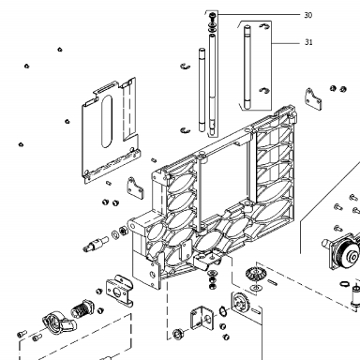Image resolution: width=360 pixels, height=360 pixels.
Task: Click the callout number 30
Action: coord(307,15)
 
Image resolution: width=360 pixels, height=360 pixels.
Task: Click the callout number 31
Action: coord(308,42)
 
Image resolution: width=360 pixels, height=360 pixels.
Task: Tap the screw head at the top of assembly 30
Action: coord(213,15)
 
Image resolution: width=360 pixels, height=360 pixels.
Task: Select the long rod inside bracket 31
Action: coord(247,67)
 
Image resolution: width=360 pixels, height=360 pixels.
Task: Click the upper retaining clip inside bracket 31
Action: coord(264,26)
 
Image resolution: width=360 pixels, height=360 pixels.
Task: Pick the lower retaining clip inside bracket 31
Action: coord(264,91)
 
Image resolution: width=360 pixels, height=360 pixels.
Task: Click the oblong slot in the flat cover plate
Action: coord(107,121)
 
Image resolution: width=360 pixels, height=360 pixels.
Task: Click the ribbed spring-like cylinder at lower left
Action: coord(82,308)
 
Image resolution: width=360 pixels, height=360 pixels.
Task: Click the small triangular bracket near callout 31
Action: coord(313,98)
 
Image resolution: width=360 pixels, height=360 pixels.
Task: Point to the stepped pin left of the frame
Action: coord(96,244)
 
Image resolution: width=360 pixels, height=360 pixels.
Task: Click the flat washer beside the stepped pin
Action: coord(114,233)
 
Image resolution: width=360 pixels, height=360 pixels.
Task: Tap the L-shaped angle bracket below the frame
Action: coord(202,319)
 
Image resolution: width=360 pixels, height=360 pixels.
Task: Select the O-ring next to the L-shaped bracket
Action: coord(223,311)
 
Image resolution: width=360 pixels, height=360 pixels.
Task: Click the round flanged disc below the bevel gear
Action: coord(240,303)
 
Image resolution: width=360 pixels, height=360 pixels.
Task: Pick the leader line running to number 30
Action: coord(259,14)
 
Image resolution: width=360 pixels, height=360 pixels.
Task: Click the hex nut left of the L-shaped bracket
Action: coord(179,334)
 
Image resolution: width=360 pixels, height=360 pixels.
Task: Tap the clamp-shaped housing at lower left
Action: coord(59,322)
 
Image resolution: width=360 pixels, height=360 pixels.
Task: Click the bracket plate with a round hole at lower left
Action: coord(120,292)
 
